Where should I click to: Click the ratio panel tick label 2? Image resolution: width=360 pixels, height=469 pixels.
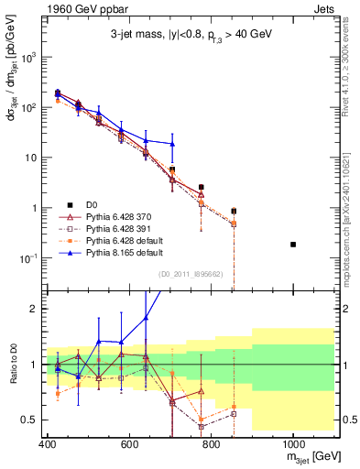click(x=33, y=309)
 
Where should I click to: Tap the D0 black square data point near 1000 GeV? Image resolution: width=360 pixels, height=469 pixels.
click(x=293, y=245)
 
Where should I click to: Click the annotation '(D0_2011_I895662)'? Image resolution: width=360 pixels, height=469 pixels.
click(x=190, y=274)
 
